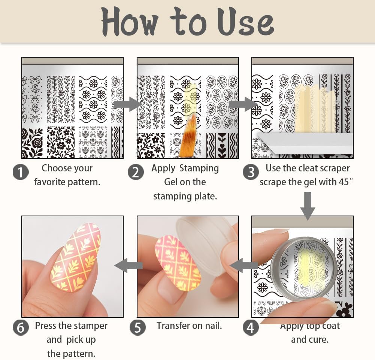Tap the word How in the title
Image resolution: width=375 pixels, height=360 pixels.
[x=130, y=21]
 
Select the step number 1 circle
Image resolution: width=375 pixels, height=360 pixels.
[x=21, y=172]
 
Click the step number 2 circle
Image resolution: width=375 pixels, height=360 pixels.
[x=136, y=172]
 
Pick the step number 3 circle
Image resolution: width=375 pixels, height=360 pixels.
[x=251, y=172]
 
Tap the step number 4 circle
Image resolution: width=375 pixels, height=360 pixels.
[x=251, y=327]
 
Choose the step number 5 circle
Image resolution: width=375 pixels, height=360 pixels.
[x=137, y=327]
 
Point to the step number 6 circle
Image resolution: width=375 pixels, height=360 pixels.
[x=21, y=327]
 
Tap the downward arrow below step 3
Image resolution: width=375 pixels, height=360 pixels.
[x=308, y=206]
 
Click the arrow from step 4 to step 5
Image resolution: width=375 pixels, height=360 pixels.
[x=244, y=265]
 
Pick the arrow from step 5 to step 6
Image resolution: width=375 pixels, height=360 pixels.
[x=128, y=265]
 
